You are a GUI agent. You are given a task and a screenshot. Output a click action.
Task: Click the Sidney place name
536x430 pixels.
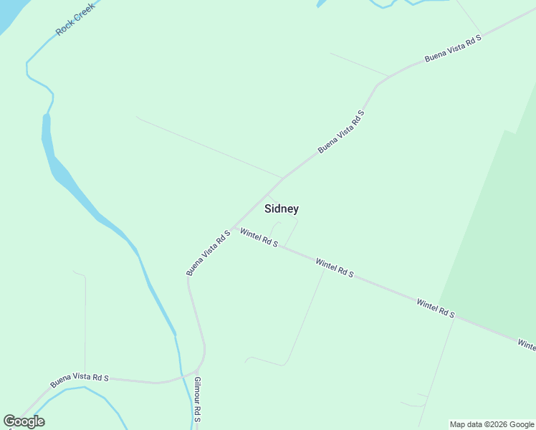tap(282, 209)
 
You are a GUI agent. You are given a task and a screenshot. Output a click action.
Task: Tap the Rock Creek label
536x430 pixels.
tap(75, 19)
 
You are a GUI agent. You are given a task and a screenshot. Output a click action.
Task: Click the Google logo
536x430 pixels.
tap(24, 421)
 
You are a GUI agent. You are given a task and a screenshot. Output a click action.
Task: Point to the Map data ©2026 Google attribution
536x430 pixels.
tap(492, 424)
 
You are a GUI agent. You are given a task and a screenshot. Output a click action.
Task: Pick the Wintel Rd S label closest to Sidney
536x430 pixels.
tap(259, 238)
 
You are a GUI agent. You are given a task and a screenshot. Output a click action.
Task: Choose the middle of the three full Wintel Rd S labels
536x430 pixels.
tap(335, 269)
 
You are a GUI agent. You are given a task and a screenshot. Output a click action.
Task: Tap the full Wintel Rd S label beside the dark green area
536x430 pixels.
tap(436, 309)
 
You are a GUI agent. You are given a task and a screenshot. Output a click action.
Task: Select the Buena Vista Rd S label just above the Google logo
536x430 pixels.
tap(79, 381)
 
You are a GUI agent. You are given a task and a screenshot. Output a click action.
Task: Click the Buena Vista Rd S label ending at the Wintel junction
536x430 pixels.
tap(208, 252)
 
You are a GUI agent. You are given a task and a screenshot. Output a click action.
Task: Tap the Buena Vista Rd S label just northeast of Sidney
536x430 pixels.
tap(341, 132)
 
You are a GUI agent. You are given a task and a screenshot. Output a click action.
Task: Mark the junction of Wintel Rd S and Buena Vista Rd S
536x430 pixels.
tap(233, 228)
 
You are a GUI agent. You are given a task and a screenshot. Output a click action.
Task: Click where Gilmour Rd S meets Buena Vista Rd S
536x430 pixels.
tap(196, 372)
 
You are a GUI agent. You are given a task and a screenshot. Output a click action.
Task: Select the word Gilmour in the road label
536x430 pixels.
tap(197, 391)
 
